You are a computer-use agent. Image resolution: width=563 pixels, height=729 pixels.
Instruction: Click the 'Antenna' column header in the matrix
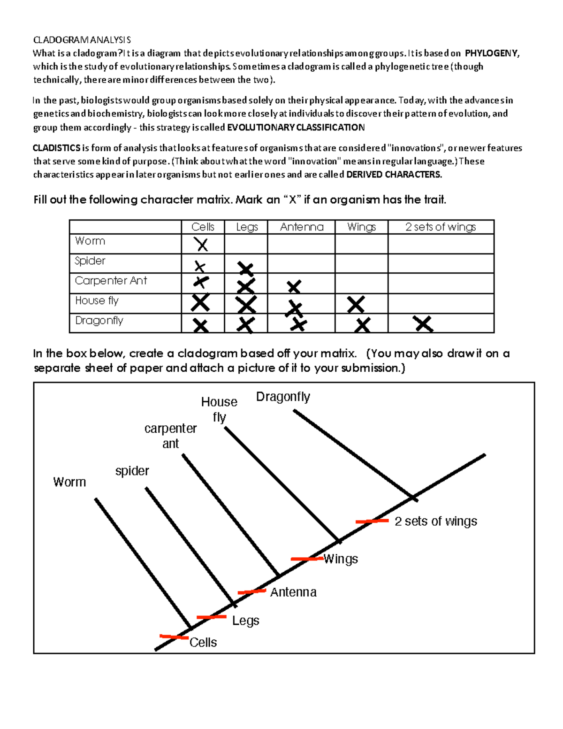tap(302, 227)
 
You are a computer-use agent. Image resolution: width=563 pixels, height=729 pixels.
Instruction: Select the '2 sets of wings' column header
tap(440, 227)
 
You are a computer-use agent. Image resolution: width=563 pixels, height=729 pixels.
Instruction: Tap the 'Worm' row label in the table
tap(90, 241)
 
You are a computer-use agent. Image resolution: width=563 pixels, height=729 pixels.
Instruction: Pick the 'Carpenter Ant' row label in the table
tap(111, 281)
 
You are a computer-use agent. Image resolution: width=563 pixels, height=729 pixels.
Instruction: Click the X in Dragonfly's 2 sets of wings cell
tap(423, 324)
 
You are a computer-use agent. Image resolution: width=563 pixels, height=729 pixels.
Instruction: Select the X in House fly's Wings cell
tap(356, 305)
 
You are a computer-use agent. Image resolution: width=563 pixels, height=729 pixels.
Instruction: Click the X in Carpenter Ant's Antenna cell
tap(294, 286)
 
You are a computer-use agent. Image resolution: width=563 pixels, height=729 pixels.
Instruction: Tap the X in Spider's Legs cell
tap(246, 269)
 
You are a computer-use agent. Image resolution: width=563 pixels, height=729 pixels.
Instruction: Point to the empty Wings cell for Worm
tap(361, 244)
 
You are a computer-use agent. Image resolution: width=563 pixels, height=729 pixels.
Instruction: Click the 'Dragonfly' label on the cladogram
tap(283, 397)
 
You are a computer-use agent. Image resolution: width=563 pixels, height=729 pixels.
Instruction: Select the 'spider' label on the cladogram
tap(132, 471)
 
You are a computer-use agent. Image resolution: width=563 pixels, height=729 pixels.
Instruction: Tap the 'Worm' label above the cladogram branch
tap(69, 482)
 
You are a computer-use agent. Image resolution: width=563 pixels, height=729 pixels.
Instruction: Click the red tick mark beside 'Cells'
tap(174, 637)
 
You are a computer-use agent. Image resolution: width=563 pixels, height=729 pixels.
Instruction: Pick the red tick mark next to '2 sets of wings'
tap(372, 521)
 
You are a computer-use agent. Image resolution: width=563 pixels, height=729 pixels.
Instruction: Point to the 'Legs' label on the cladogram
tap(245, 621)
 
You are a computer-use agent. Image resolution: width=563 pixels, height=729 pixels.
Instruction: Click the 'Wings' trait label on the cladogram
tap(341, 559)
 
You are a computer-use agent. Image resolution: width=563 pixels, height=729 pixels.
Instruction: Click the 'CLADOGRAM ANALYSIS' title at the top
tap(82, 40)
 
